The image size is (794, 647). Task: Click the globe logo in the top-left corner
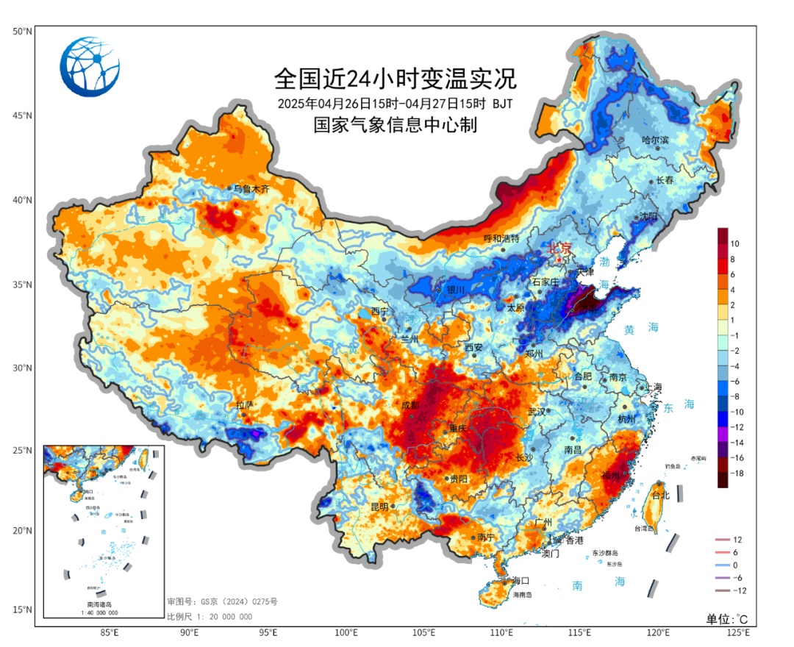[x=90, y=66]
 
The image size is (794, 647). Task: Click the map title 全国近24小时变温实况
[x=396, y=78]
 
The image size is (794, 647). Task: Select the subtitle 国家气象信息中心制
[x=396, y=125]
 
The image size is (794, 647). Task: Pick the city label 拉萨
[x=244, y=405]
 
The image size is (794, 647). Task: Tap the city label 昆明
[x=380, y=507]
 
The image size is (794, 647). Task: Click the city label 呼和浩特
[x=501, y=239]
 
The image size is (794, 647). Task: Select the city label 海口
[x=521, y=580]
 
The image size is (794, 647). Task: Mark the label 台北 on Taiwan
[x=661, y=496]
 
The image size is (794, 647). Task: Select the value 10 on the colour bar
[x=734, y=243]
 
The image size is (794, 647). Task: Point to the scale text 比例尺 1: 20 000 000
[x=210, y=617]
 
